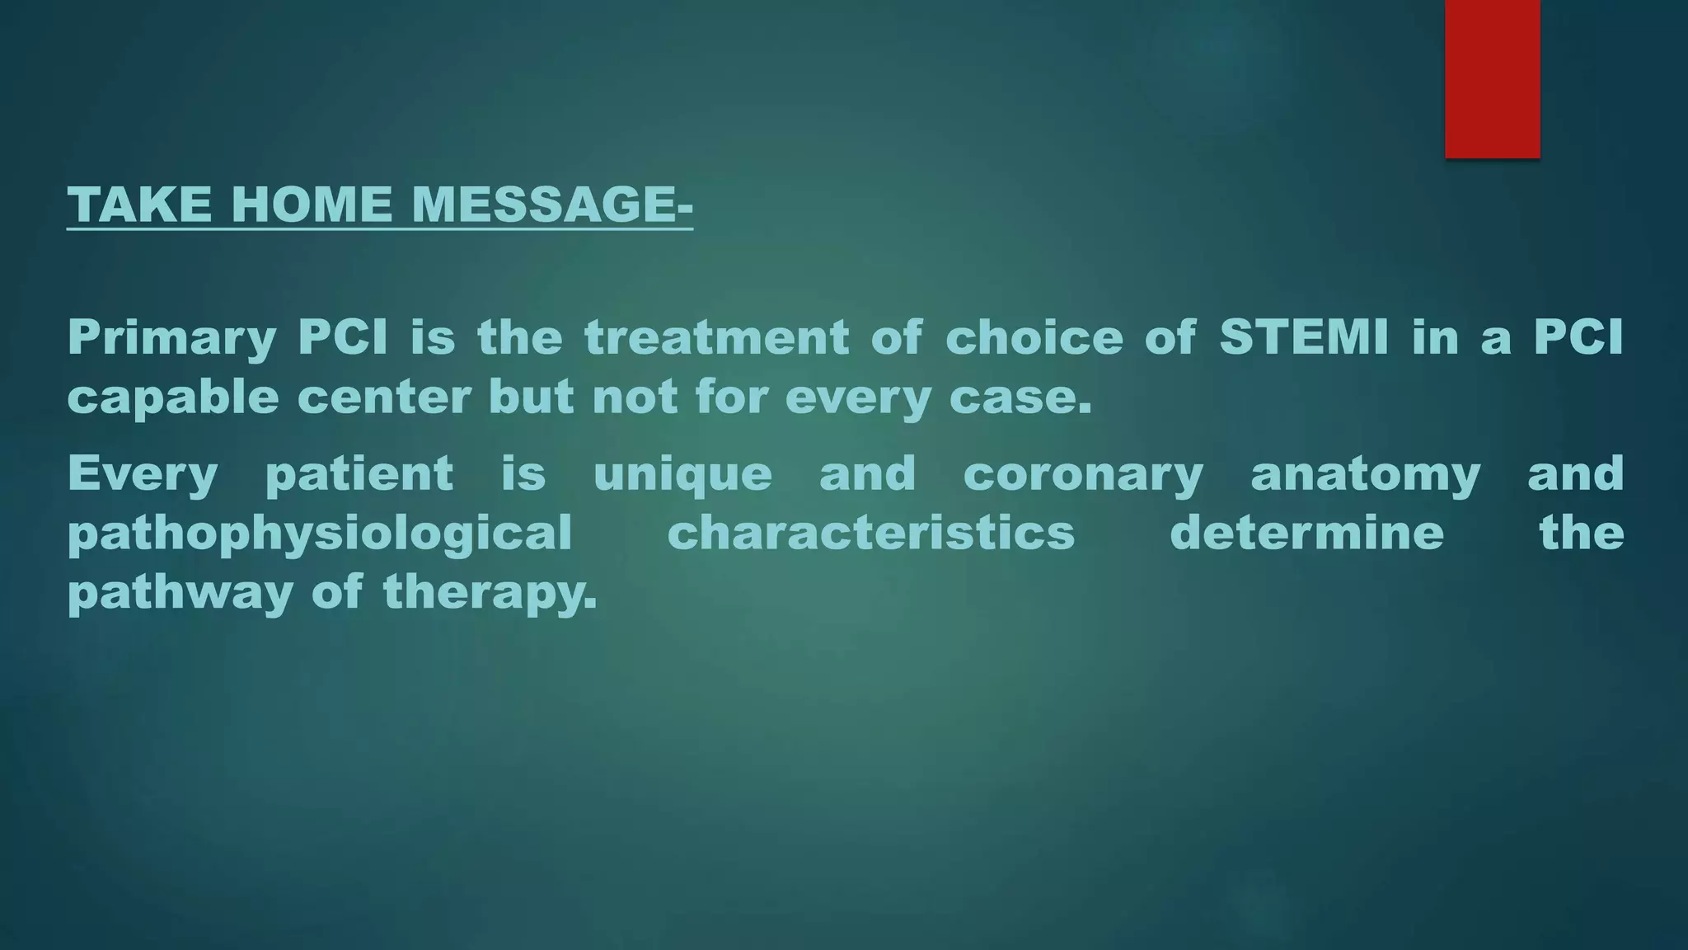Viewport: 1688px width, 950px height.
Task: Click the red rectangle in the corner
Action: (x=1492, y=78)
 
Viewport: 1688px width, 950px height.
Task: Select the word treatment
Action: (x=717, y=337)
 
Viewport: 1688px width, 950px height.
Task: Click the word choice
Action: (x=1034, y=337)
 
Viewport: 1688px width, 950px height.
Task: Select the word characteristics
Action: (x=871, y=533)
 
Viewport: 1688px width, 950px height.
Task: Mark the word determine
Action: (x=1307, y=533)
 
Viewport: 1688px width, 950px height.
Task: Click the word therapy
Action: (x=490, y=593)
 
